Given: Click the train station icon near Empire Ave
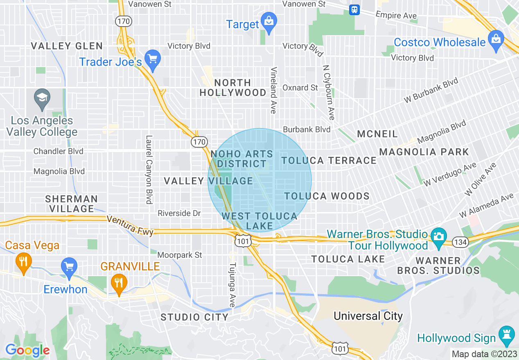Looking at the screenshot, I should [354, 9].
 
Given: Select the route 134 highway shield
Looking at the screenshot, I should [460, 243].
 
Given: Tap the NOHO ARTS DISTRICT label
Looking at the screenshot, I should [241, 159].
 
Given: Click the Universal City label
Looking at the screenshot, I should [368, 316].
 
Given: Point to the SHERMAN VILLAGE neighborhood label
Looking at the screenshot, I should [71, 204].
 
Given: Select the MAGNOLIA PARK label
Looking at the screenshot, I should [424, 152].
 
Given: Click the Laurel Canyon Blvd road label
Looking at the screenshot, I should [149, 169].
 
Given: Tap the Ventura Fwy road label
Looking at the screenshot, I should [130, 226].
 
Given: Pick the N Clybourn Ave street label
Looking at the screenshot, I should [329, 92].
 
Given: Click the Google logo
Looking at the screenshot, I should [27, 350].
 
